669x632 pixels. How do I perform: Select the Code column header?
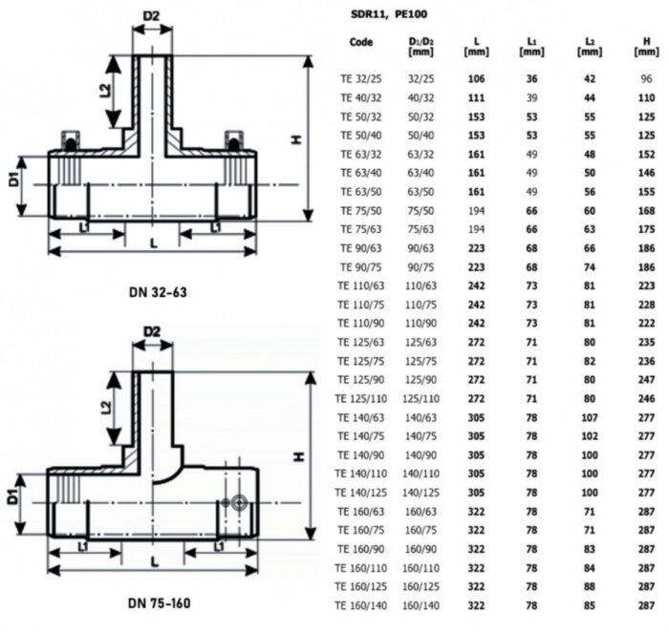361,43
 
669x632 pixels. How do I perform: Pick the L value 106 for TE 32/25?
475,79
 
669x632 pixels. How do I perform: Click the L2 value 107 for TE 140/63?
590,418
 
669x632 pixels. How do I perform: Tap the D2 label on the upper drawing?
152,16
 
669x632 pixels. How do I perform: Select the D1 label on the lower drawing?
14,496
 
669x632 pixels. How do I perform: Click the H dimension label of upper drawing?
297,138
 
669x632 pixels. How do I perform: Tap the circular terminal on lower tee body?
237,501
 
